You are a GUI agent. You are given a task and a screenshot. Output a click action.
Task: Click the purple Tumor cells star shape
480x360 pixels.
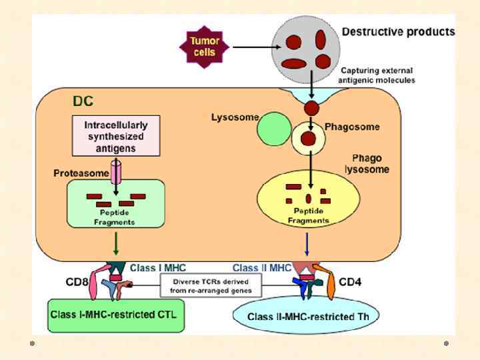(x=203, y=46)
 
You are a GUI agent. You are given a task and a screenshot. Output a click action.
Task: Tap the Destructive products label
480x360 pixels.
(x=398, y=31)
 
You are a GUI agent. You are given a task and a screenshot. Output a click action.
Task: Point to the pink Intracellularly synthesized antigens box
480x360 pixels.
(x=116, y=136)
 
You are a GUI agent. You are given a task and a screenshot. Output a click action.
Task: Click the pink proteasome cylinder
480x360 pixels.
(x=116, y=172)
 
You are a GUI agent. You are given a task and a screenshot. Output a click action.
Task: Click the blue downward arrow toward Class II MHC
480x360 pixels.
(x=307, y=244)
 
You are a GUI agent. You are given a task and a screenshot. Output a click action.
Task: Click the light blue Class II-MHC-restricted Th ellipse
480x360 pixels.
(x=306, y=316)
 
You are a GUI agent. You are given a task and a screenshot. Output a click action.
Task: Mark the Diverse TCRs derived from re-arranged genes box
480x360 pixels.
(x=211, y=285)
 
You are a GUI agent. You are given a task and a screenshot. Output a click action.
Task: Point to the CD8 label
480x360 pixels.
(x=77, y=282)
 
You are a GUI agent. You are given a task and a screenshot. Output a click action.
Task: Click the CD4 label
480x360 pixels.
(x=350, y=282)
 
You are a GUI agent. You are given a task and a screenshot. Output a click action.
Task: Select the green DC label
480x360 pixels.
(x=83, y=102)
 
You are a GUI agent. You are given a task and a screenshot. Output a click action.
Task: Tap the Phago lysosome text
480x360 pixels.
(x=367, y=163)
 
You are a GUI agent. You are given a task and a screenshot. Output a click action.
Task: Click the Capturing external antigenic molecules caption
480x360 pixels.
(x=377, y=75)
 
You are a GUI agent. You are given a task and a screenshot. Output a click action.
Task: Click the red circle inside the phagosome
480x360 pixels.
(x=307, y=139)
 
